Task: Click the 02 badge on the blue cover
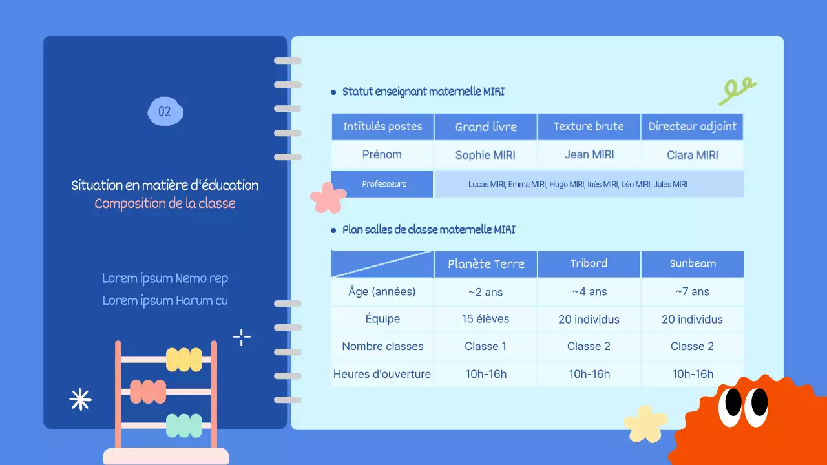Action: (x=165, y=112)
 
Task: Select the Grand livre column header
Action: (x=486, y=127)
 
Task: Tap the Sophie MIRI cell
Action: (x=486, y=155)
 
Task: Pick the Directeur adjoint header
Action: (x=692, y=127)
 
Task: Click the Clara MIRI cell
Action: (x=692, y=155)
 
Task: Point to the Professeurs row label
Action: (x=384, y=184)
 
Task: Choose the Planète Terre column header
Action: (x=486, y=263)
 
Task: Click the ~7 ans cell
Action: (x=692, y=292)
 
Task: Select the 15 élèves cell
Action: (x=486, y=319)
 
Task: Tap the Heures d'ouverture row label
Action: (x=382, y=374)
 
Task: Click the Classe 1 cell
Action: (x=486, y=346)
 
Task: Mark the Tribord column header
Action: (x=589, y=263)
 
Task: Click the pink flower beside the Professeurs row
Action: (x=328, y=198)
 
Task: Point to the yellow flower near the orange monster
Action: (x=645, y=424)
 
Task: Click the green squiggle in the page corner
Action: (x=737, y=91)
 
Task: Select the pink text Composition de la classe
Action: (x=165, y=203)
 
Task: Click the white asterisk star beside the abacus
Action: (x=80, y=400)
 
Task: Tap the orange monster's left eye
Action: (x=733, y=403)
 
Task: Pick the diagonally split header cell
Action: (x=382, y=263)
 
